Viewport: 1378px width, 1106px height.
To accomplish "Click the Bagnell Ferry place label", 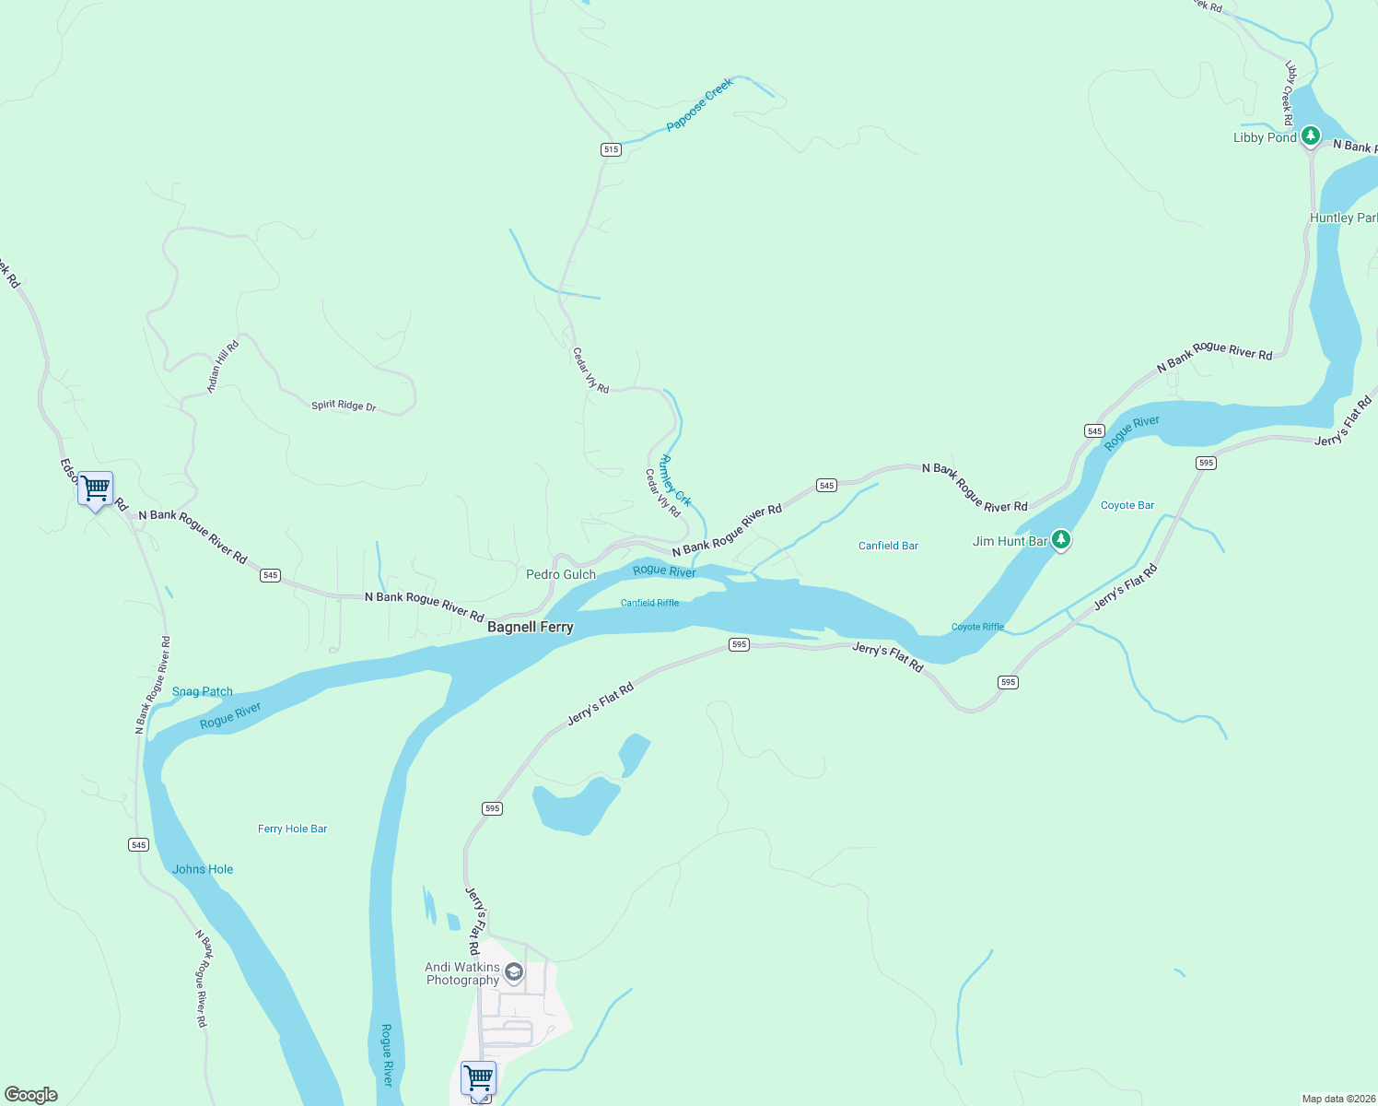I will [x=530, y=627].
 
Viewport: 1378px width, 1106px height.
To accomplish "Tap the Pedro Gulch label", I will [x=560, y=574].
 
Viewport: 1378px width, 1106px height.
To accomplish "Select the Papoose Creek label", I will [x=700, y=103].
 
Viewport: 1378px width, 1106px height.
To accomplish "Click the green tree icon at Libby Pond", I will [x=1310, y=135].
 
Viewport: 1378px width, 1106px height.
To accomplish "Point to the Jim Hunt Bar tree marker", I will [x=1061, y=539].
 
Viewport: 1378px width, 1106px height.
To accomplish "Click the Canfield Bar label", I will [x=888, y=546].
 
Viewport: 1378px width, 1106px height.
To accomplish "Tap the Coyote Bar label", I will [x=1127, y=505].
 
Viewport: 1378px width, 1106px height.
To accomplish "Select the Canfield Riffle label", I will [x=649, y=603].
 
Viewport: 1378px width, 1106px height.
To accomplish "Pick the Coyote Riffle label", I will [x=977, y=627].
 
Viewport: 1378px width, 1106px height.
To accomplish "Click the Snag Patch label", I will [x=203, y=691].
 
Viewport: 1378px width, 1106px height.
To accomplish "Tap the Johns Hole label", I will [x=203, y=869].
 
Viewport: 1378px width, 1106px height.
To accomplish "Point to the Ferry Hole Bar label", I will [x=292, y=829].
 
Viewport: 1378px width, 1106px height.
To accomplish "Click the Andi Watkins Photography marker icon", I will [x=514, y=972].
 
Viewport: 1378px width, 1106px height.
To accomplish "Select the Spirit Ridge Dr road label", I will [x=344, y=405].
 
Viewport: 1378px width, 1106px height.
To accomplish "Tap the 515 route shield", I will [x=611, y=149].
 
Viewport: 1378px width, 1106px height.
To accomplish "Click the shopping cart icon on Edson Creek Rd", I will [x=96, y=488].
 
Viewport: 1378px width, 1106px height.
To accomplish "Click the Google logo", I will [x=31, y=1095].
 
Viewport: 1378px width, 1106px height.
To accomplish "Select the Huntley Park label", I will [x=1343, y=218].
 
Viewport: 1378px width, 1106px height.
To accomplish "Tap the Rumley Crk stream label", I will [x=675, y=480].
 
